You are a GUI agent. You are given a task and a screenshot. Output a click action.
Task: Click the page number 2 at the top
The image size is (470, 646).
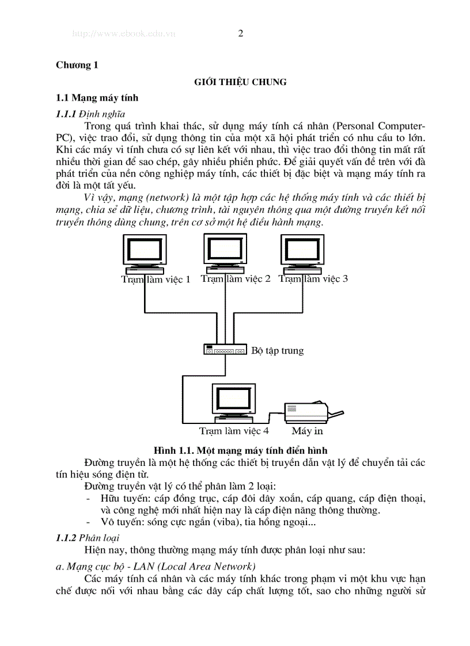click(x=240, y=33)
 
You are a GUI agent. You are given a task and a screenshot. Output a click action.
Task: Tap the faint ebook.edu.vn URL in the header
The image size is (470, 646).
click(x=123, y=34)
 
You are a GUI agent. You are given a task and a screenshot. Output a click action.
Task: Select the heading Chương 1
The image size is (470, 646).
click(x=77, y=65)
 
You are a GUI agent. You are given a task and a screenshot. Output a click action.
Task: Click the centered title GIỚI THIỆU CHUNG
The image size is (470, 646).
click(x=240, y=82)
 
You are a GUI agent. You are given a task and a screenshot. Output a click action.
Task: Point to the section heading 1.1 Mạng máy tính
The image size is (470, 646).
click(x=97, y=98)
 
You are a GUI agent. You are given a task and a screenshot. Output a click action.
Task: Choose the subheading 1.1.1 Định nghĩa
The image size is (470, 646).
click(x=90, y=114)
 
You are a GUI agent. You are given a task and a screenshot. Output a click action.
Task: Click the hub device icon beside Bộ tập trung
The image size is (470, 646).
click(x=225, y=349)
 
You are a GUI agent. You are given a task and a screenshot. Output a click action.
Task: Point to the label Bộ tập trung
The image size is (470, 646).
click(x=278, y=350)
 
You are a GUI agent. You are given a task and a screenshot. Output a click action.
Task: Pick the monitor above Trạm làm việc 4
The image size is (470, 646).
click(x=232, y=402)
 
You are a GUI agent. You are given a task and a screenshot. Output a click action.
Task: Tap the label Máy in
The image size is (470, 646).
click(x=307, y=430)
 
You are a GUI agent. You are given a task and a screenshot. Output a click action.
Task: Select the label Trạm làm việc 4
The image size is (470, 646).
click(x=234, y=430)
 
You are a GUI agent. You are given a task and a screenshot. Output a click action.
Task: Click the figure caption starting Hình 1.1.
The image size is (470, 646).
click(x=240, y=450)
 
